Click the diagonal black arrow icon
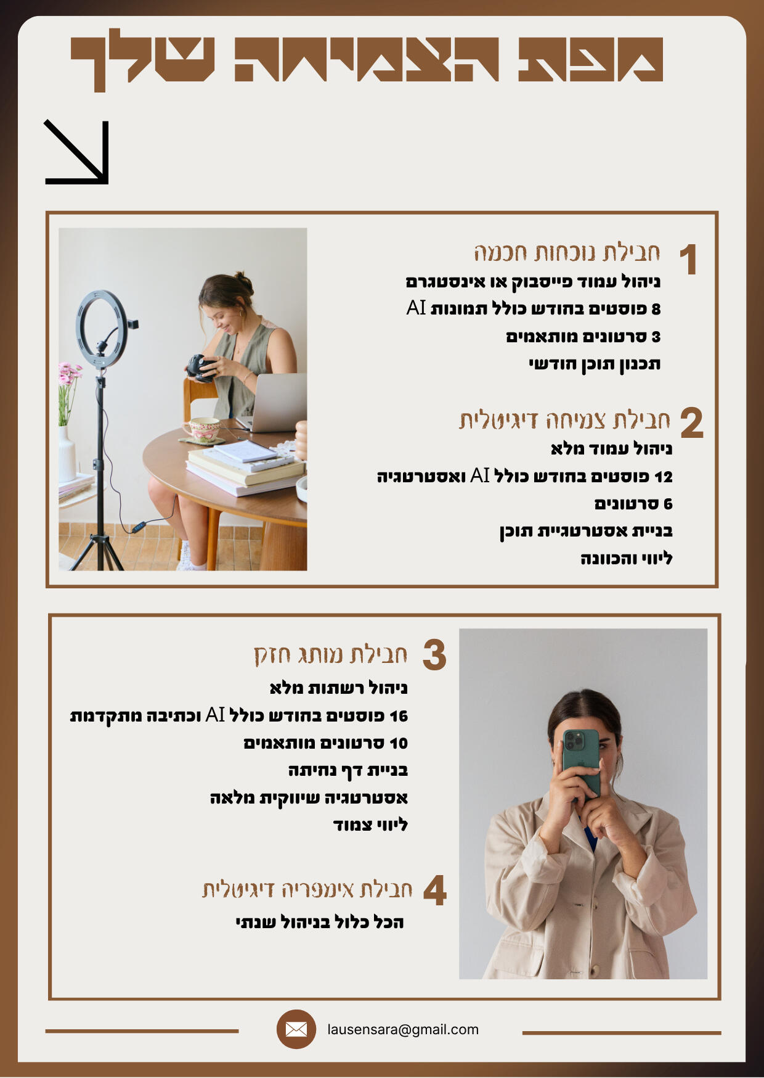click(76, 152)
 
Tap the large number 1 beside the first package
click(688, 259)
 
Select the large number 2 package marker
click(692, 423)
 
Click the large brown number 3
click(434, 655)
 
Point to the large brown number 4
click(435, 891)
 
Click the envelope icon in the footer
click(296, 1029)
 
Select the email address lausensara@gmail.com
click(403, 1029)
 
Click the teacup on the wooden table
click(204, 428)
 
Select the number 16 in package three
click(399, 716)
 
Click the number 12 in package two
click(664, 477)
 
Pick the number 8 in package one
click(656, 309)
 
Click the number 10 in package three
click(399, 743)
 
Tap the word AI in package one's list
click(417, 308)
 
